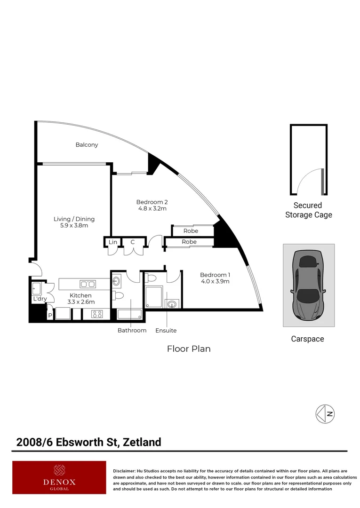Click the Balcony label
tap(87, 145)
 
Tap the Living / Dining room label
tap(74, 219)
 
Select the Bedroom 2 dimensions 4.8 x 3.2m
tap(152, 208)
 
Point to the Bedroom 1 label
tap(215, 275)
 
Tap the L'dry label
tap(40, 299)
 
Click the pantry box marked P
tap(50, 315)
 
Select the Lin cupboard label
tap(112, 242)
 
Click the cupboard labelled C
tap(133, 242)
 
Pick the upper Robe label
tap(191, 231)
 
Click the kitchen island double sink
tap(88, 284)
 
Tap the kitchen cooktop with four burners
tap(96, 314)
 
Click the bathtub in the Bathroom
tap(128, 315)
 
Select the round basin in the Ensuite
tap(172, 303)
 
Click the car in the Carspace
tap(308, 285)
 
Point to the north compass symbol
tap(325, 414)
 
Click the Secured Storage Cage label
tap(308, 210)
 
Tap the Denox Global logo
tap(59, 477)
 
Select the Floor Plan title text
tap(189, 349)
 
